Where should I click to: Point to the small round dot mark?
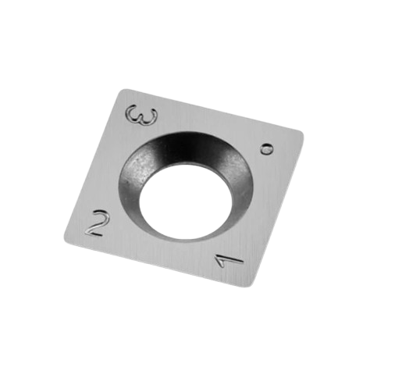(x=266, y=149)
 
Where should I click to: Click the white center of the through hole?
(x=185, y=201)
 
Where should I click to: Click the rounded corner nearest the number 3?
(x=123, y=91)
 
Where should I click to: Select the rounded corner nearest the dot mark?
(x=301, y=134)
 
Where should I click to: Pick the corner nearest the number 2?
(x=66, y=239)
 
